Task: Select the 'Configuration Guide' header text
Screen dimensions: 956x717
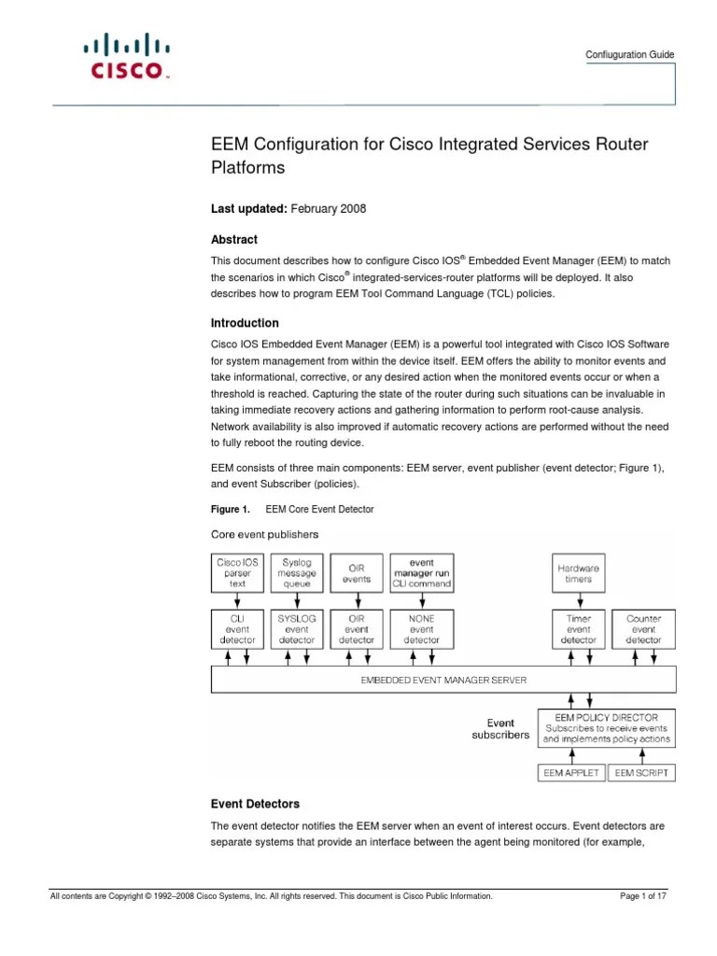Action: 629,55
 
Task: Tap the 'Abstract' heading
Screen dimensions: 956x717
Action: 235,240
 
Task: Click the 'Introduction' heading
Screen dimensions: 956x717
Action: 245,323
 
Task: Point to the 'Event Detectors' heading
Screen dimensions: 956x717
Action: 255,804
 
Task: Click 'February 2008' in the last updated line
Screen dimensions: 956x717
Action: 329,209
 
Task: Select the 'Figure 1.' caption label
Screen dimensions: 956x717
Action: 230,509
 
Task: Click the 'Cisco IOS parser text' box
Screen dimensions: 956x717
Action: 237,572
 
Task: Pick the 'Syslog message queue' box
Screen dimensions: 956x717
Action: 297,572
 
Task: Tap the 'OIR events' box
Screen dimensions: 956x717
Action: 357,572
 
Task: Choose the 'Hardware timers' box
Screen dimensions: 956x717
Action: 579,572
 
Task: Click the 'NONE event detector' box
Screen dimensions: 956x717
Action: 421,628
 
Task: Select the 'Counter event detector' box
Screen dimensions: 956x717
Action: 643,628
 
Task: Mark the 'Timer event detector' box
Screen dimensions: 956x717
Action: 579,628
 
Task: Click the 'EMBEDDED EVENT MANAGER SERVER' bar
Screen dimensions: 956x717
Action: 443,680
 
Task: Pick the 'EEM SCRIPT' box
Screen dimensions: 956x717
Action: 640,773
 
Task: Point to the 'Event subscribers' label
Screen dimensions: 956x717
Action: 500,728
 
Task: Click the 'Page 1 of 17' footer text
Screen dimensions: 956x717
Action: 643,896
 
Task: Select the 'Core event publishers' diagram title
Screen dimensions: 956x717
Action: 264,535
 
